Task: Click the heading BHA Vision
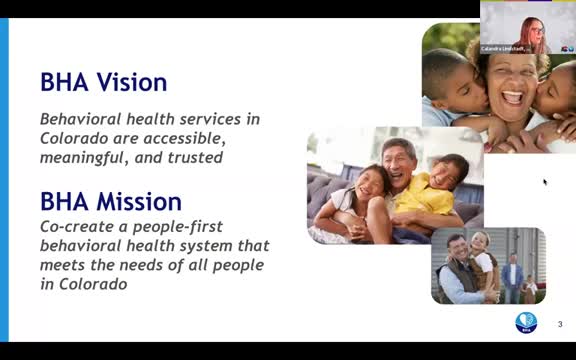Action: click(103, 82)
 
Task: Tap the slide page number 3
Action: click(560, 323)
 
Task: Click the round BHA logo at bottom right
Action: click(526, 322)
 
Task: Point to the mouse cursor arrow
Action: click(545, 182)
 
